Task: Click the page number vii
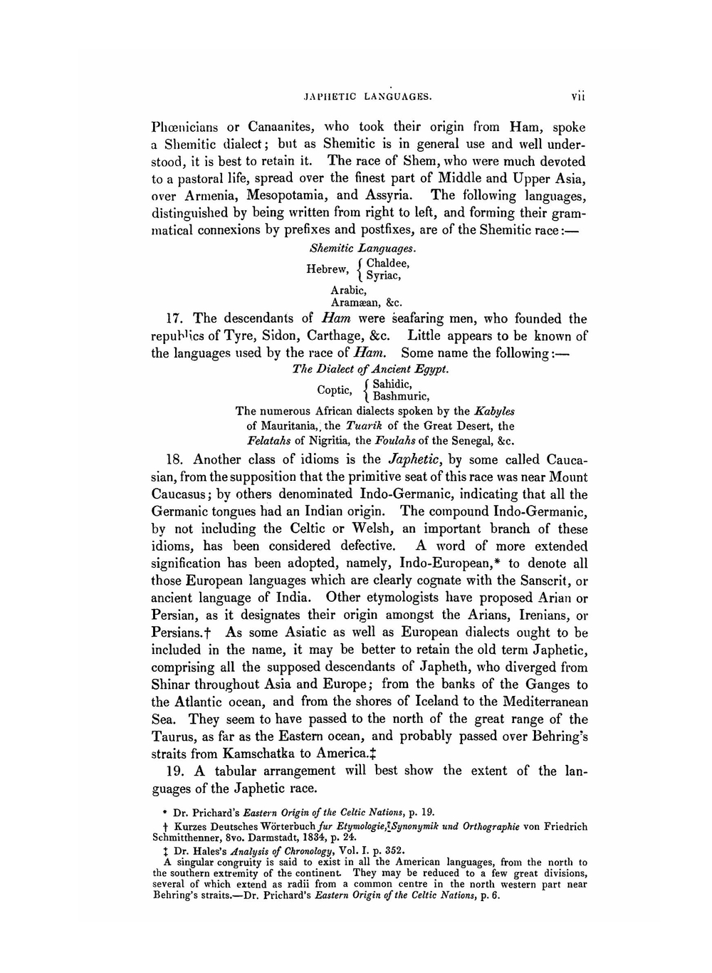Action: click(x=577, y=95)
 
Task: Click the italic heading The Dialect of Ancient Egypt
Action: click(x=370, y=370)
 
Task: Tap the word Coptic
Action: click(x=334, y=390)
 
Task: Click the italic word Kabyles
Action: click(x=494, y=411)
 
